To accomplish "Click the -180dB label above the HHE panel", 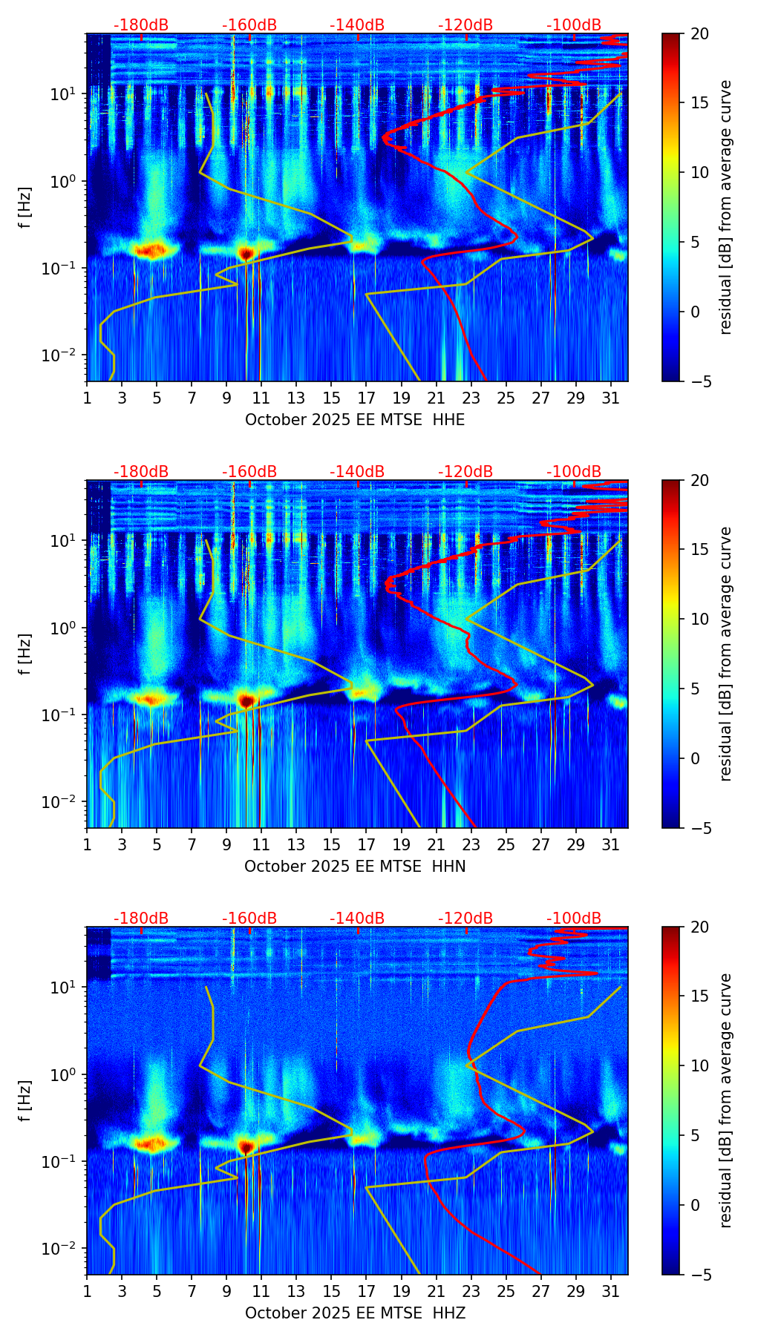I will point(141,25).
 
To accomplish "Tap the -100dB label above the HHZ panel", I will point(574,919).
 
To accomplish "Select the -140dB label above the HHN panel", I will point(357,472).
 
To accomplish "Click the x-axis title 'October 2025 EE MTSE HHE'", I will point(355,420).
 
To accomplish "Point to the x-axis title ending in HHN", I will point(355,867).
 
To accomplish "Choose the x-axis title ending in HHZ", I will point(355,1313).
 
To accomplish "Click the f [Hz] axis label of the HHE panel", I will point(26,207).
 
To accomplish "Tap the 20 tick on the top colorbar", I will point(699,33).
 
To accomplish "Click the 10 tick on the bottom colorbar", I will point(699,1065).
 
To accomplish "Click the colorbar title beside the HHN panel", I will point(726,654).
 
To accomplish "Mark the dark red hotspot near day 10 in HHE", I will point(246,254).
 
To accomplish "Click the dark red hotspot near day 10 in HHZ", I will point(246,1146).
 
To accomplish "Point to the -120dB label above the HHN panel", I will point(465,472).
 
